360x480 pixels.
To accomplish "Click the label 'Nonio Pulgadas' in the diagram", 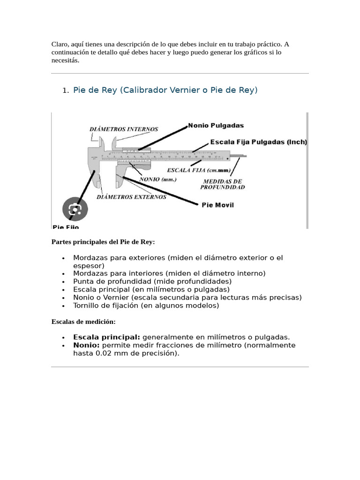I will [x=216, y=126].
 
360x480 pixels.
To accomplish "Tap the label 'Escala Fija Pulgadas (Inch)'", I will [x=258, y=142].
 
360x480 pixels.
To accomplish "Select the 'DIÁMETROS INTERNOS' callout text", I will [x=124, y=129].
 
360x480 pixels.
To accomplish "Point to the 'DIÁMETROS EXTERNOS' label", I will [x=131, y=197].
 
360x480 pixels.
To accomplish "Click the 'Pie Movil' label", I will [x=217, y=205].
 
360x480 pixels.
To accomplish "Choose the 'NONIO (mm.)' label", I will [x=158, y=180].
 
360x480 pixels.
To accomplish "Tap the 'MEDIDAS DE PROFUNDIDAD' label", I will [x=222, y=184].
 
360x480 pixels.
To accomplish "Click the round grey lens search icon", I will [x=75, y=209].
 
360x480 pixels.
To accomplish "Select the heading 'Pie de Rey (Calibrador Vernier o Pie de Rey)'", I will [x=165, y=90].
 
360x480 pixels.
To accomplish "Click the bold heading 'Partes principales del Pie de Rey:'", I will [x=103, y=242].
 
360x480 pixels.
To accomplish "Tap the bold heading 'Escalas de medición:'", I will [x=83, y=322].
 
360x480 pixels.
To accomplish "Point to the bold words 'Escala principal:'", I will [x=106, y=337].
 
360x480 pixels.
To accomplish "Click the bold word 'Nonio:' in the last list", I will [x=86, y=345].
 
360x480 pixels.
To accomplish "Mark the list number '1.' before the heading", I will [x=66, y=90].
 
